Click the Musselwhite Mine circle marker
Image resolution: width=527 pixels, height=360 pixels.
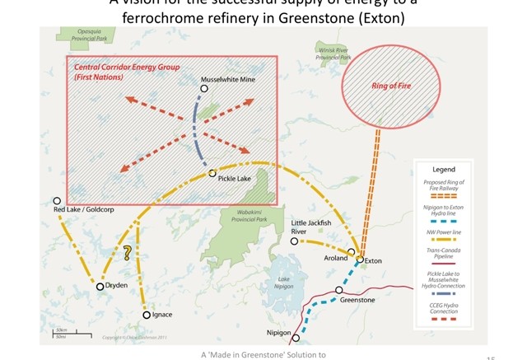[204, 89]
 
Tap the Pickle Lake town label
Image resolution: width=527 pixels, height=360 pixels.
[234, 179]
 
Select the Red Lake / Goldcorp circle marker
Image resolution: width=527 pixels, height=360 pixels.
[57, 201]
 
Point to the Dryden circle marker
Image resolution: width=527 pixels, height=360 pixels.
[100, 287]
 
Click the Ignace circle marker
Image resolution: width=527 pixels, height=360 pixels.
[147, 315]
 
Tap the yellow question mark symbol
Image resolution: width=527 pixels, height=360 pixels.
[128, 253]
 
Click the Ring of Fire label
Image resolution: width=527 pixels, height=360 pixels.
[391, 86]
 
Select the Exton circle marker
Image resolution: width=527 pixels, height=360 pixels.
[360, 259]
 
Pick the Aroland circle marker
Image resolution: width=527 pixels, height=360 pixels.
[352, 252]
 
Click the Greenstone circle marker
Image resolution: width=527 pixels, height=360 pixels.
[339, 290]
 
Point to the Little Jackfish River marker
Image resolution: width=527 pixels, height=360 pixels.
[294, 241]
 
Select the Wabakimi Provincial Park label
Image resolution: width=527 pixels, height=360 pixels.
[249, 216]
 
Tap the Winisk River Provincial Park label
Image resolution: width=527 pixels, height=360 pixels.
[333, 54]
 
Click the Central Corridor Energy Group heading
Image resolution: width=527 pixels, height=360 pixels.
[128, 67]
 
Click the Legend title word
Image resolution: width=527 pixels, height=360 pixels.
[444, 170]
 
